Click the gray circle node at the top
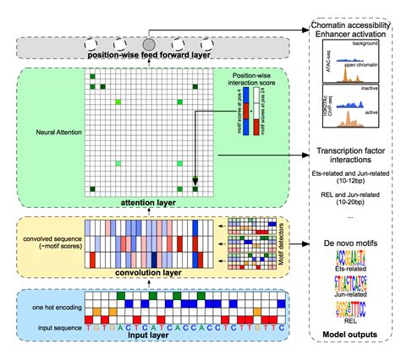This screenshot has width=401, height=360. (x=149, y=43)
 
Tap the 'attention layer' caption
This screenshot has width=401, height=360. (x=146, y=202)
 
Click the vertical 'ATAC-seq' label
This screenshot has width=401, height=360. (x=316, y=65)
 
